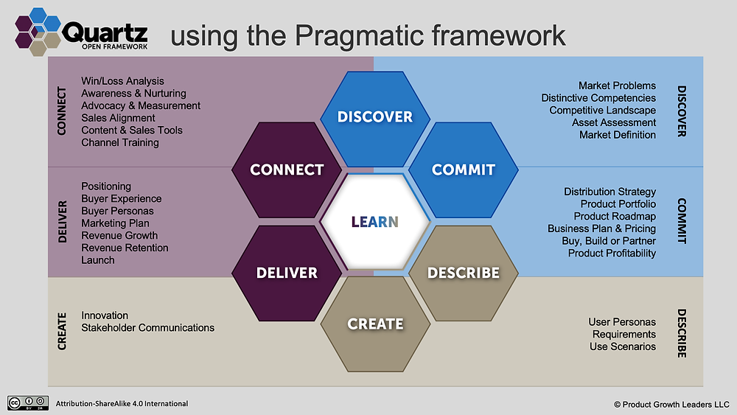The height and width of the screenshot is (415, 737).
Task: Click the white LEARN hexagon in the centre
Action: coord(375,221)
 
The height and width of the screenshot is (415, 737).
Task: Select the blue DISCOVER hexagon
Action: coord(375,119)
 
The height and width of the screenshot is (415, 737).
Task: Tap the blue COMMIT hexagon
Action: coord(464,170)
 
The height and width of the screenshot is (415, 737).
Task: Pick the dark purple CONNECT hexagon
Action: coord(287,170)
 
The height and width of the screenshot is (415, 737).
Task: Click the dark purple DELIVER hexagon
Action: coord(287,273)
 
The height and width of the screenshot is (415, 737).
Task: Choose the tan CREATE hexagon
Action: coord(375,324)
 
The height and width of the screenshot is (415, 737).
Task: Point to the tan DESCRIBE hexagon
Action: coord(464,273)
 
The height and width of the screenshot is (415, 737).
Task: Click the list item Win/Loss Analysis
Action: coord(122,81)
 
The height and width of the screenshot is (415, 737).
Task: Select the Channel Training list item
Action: coord(120,142)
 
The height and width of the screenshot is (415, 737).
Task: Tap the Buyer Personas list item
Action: coord(117,211)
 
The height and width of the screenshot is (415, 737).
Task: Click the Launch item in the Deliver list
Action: coord(98,260)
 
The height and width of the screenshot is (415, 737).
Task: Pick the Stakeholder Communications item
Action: coord(147,327)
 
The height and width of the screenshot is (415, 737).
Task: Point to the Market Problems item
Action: coord(617,86)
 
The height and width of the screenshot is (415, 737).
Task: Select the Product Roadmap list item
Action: coord(615,216)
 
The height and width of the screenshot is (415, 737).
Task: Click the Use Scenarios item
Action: coord(623,346)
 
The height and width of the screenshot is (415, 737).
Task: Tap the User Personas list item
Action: coord(622,322)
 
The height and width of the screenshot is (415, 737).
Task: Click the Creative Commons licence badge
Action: coord(28,402)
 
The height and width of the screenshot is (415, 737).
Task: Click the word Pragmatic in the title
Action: coord(360,36)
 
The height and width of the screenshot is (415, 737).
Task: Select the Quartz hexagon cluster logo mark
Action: coord(38,32)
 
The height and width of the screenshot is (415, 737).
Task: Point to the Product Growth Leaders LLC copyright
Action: coord(671,404)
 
